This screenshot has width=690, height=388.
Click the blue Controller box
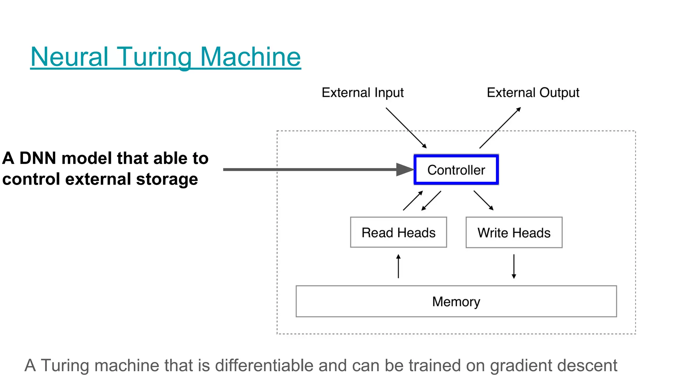pyautogui.click(x=456, y=170)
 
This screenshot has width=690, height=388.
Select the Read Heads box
pyautogui.click(x=398, y=232)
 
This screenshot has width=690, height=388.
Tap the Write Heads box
pyautogui.click(x=514, y=232)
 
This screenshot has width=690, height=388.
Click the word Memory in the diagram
pyautogui.click(x=456, y=301)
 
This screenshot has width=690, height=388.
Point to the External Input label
pyautogui.click(x=363, y=92)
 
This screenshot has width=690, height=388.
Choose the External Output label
pyautogui.click(x=533, y=92)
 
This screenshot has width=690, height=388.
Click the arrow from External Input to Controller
pyautogui.click(x=406, y=128)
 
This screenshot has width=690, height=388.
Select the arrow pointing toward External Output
pyautogui.click(x=500, y=128)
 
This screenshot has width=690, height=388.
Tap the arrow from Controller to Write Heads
pyautogui.click(x=483, y=200)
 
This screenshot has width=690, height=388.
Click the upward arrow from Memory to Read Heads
pyautogui.click(x=398, y=266)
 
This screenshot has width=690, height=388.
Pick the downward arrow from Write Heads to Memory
pyautogui.click(x=514, y=266)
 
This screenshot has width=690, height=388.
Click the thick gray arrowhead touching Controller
pyautogui.click(x=404, y=169)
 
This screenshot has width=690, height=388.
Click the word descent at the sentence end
pyautogui.click(x=587, y=365)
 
